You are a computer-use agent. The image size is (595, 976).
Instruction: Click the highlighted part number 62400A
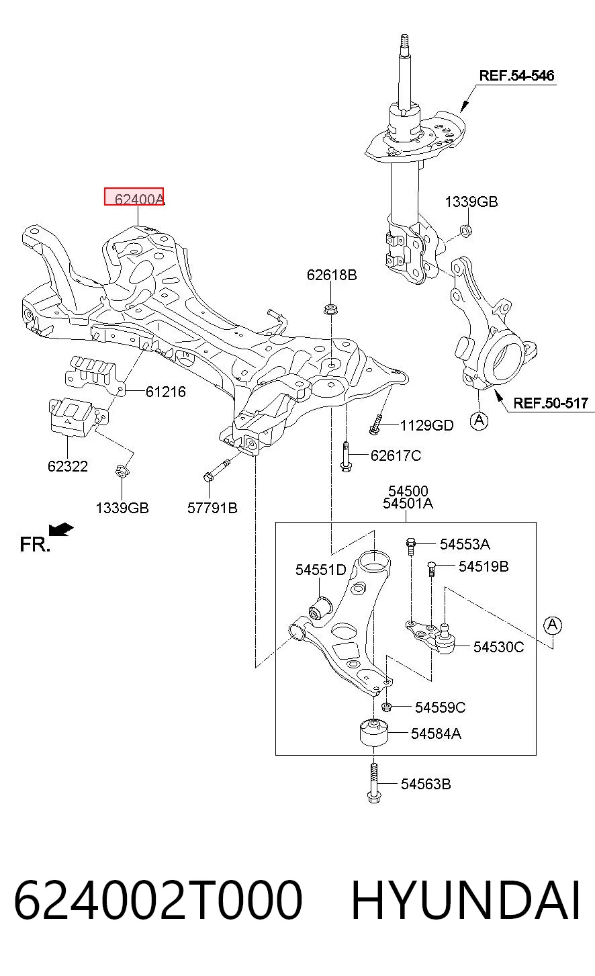pyautogui.click(x=138, y=199)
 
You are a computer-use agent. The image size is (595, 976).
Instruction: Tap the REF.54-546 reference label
pyautogui.click(x=516, y=75)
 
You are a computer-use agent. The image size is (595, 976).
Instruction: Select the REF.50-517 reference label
pyautogui.click(x=551, y=403)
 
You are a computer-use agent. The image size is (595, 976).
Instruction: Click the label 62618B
pyautogui.click(x=332, y=275)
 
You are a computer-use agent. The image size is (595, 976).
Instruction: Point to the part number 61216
pyautogui.click(x=165, y=392)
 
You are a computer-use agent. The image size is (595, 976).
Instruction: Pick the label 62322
pyautogui.click(x=68, y=466)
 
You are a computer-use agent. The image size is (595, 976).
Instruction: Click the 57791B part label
pyautogui.click(x=212, y=508)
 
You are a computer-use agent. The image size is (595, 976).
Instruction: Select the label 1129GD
pyautogui.click(x=427, y=425)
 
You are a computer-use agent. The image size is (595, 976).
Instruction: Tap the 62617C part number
pyautogui.click(x=396, y=455)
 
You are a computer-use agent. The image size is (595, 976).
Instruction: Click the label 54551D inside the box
pyautogui.click(x=320, y=570)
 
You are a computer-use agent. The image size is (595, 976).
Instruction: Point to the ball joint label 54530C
pyautogui.click(x=499, y=647)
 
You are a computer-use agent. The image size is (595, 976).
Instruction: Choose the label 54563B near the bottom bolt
pyautogui.click(x=426, y=785)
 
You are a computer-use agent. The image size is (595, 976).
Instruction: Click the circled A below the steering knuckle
pyautogui.click(x=479, y=420)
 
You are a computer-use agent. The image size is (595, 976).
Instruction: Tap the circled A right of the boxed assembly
pyautogui.click(x=552, y=625)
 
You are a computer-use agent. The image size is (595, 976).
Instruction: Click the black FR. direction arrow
pyautogui.click(x=61, y=529)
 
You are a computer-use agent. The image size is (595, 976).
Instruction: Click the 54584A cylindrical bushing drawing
pyautogui.click(x=374, y=733)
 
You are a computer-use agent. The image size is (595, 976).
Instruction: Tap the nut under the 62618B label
pyautogui.click(x=331, y=310)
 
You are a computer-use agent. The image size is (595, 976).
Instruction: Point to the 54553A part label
pyautogui.click(x=465, y=544)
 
